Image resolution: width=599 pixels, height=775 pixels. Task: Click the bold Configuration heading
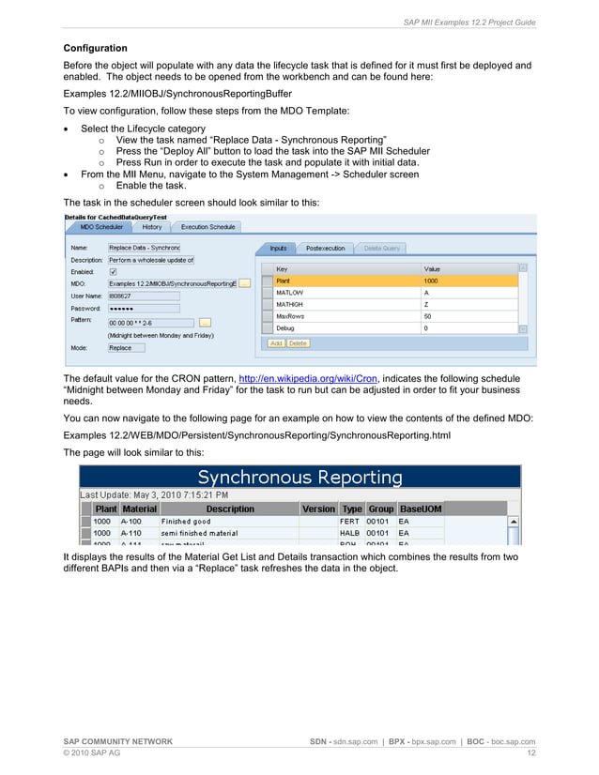tap(95, 47)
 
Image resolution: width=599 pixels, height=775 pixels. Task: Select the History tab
tap(152, 227)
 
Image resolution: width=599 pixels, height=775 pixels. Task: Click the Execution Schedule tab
tap(207, 227)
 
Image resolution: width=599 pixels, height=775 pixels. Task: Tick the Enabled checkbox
tap(114, 271)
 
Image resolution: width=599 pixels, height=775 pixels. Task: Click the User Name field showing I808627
tap(143, 295)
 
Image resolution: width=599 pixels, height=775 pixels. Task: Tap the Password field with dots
tap(143, 307)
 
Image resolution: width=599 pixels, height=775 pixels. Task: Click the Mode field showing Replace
tap(126, 347)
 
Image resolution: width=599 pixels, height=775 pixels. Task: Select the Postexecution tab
tap(326, 248)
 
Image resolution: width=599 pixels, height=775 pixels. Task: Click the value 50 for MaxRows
tap(428, 316)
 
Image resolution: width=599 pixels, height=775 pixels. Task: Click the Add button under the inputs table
tap(276, 343)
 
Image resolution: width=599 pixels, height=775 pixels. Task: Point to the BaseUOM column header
tap(420, 509)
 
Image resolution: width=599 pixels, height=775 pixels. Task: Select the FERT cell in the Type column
tap(349, 521)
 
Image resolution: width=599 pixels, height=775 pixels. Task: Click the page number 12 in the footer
tap(530, 752)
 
